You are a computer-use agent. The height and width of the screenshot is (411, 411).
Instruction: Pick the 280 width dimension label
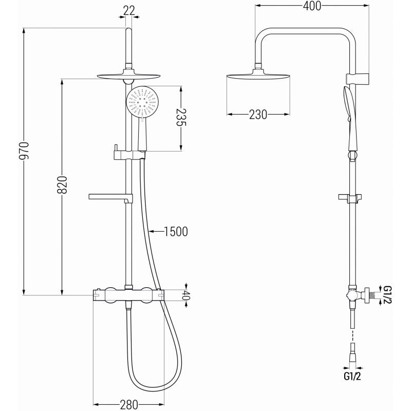128,404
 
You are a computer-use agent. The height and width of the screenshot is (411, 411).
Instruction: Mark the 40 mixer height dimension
187,295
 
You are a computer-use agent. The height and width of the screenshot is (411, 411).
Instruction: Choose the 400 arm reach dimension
312,6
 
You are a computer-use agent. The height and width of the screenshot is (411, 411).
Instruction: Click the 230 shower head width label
258,115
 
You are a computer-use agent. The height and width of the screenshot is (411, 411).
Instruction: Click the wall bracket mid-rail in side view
351,197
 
